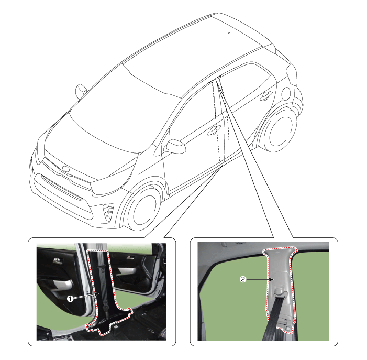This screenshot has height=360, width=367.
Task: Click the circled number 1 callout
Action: (70, 298)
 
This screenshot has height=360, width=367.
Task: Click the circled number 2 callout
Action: (243, 279)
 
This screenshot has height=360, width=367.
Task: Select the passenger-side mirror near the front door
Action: (175, 146)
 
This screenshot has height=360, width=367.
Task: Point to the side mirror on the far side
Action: (81, 91)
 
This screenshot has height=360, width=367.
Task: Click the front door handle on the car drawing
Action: (214, 129)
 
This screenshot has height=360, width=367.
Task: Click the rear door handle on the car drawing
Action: (266, 95)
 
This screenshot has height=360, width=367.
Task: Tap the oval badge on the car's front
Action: (66, 169)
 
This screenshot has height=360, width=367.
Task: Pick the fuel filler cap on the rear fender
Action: (285, 94)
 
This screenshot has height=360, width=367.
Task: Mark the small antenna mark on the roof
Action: (229, 32)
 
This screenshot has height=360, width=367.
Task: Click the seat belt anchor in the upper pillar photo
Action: (279, 290)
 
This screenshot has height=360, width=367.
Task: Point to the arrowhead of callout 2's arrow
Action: (273, 279)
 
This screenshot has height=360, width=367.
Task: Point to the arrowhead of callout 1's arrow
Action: (98, 294)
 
